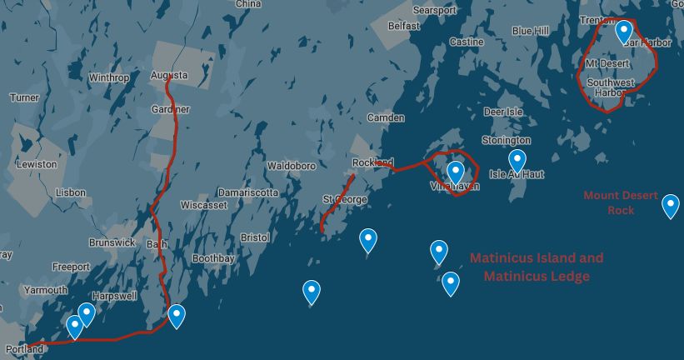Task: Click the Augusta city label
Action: pyautogui.click(x=169, y=76)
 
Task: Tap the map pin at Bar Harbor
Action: pyautogui.click(x=624, y=32)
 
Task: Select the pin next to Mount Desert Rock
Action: pyautogui.click(x=670, y=205)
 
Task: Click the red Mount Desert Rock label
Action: pyautogui.click(x=621, y=202)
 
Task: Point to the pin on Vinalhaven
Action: pyautogui.click(x=455, y=172)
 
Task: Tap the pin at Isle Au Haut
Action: pyautogui.click(x=517, y=161)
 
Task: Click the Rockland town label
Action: pyautogui.click(x=372, y=162)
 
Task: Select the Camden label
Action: pyautogui.click(x=385, y=117)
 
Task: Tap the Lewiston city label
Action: pyautogui.click(x=36, y=164)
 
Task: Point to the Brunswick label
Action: pyautogui.click(x=112, y=242)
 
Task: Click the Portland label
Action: pyautogui.click(x=23, y=349)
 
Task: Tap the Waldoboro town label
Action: pyautogui.click(x=291, y=166)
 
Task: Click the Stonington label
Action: pyautogui.click(x=507, y=140)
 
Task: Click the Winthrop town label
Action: pyautogui.click(x=108, y=77)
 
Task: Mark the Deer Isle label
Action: pyautogui.click(x=503, y=111)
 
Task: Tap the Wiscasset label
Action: pyautogui.click(x=203, y=204)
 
